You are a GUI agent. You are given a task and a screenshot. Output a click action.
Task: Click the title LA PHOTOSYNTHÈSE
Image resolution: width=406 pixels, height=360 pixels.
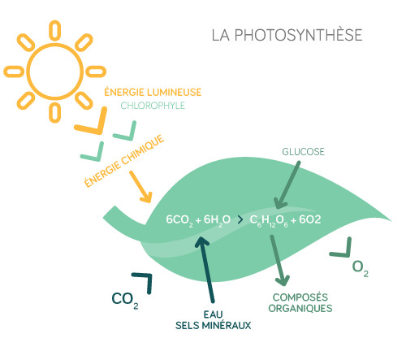click(287, 35)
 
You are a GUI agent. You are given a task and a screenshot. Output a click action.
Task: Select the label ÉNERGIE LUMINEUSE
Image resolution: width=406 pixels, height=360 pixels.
click(153, 92)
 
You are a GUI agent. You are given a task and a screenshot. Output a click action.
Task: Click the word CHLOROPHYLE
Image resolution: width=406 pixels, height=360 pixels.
click(153, 106)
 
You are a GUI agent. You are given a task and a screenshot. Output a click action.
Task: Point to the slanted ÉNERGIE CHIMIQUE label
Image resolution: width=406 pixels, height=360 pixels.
click(124, 161)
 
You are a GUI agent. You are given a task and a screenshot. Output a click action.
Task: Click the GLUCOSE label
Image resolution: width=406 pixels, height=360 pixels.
click(303, 152)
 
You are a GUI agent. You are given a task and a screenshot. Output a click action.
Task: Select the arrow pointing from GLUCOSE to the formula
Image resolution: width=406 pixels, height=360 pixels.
click(287, 185)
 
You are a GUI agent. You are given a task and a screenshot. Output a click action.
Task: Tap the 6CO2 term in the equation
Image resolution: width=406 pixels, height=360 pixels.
click(179, 220)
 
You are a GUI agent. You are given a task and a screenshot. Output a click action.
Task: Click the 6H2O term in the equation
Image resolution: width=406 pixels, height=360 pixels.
click(217, 220)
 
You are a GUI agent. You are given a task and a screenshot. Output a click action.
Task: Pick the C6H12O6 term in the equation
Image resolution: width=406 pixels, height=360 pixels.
click(269, 220)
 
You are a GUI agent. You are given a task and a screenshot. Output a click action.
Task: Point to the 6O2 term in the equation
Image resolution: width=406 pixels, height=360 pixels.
click(310, 219)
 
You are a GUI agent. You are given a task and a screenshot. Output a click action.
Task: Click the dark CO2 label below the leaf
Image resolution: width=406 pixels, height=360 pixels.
click(125, 300)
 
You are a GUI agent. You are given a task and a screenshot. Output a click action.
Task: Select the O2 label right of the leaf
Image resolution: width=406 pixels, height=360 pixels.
click(360, 268)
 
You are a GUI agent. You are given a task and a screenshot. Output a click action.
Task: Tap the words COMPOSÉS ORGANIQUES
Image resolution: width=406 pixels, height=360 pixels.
click(300, 303)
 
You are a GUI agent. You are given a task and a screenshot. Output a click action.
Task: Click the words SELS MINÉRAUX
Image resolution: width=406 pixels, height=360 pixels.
click(214, 325)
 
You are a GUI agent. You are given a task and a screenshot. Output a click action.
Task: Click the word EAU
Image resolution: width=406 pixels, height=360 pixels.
click(214, 314)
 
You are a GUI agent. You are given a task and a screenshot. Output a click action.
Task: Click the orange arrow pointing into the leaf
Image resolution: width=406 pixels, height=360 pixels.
click(140, 187)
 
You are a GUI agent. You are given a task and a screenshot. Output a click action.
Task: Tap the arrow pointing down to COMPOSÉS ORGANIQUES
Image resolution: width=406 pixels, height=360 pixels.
click(279, 260)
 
